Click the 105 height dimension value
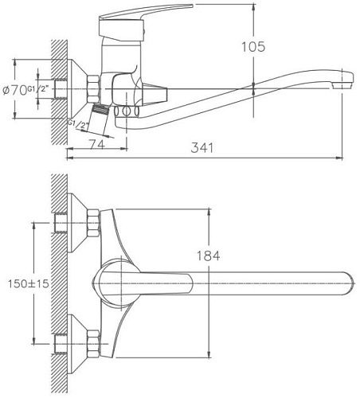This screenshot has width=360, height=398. (252, 46)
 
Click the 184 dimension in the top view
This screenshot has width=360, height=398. (209, 256)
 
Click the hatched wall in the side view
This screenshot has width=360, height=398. (57, 92)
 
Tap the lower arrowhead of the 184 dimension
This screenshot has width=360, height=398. (209, 356)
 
